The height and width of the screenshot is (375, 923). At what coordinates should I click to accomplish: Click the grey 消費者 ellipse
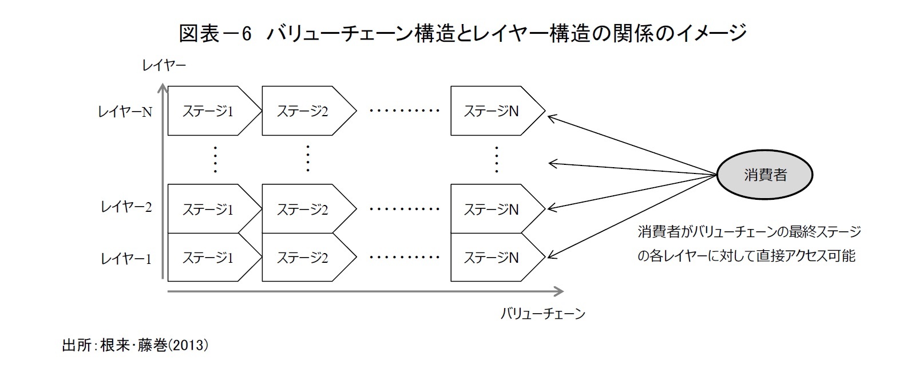(765, 175)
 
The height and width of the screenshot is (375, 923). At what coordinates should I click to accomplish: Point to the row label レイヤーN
(125, 112)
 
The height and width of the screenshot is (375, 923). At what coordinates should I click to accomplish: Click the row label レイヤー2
(126, 207)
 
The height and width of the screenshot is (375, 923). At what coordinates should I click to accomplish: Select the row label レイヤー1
(126, 259)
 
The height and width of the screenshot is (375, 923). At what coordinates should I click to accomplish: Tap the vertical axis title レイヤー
(164, 66)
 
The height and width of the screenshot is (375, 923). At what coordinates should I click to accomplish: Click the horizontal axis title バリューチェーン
(542, 314)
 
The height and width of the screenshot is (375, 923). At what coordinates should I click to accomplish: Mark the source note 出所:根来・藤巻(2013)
(135, 345)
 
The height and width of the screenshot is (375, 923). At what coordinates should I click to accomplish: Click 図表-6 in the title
(215, 34)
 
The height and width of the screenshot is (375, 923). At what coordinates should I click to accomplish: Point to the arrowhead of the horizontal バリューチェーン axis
(559, 291)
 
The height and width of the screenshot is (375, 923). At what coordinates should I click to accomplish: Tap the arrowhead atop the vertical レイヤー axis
(163, 88)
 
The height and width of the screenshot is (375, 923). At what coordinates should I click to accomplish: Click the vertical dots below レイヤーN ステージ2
(308, 159)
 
